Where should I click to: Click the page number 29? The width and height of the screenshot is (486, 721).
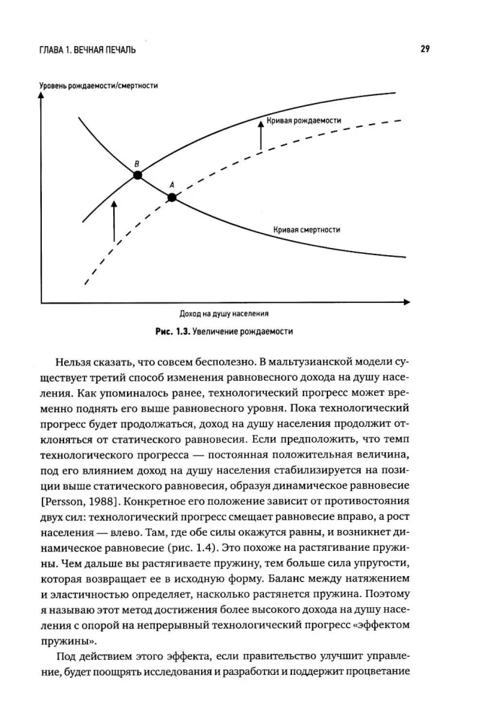pyautogui.click(x=425, y=49)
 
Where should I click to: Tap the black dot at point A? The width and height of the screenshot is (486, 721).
pyautogui.click(x=172, y=196)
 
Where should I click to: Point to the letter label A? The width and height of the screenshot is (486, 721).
pyautogui.click(x=172, y=184)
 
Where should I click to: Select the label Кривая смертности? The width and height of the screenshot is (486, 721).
pyautogui.click(x=306, y=230)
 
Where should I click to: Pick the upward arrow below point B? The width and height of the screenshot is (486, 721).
pyautogui.click(x=114, y=220)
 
